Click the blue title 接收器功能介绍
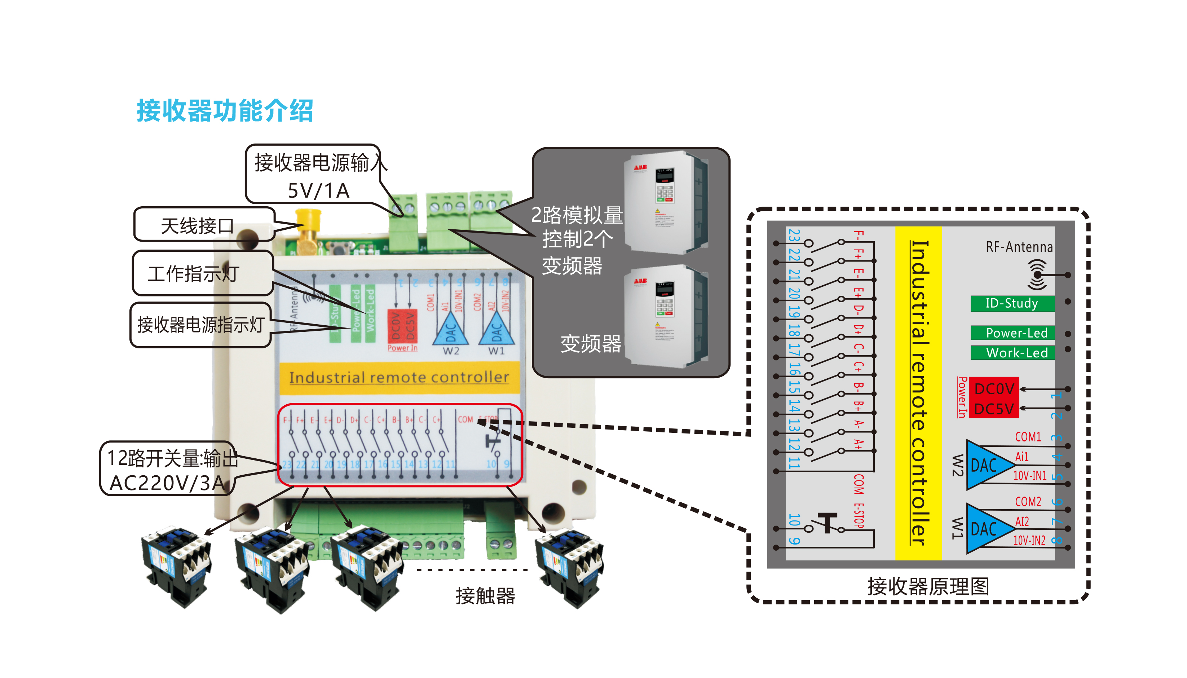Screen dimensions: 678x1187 pyautogui.click(x=225, y=111)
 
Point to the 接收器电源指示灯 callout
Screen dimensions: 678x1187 pyautogui.click(x=200, y=325)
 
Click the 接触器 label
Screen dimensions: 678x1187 pyautogui.click(x=485, y=595)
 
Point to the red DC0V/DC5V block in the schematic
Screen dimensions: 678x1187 pyautogui.click(x=993, y=398)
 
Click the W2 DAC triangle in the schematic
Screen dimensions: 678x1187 pyautogui.click(x=987, y=465)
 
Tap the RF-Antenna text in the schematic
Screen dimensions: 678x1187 pyautogui.click(x=1019, y=247)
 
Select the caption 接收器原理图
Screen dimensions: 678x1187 pyautogui.click(x=928, y=586)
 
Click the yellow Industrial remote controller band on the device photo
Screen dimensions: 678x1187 pyautogui.click(x=398, y=377)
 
